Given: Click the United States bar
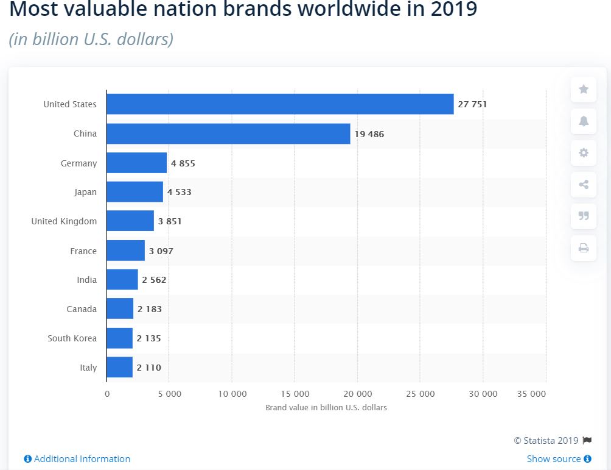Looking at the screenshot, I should click(x=280, y=104).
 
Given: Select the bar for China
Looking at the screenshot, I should click(x=228, y=134).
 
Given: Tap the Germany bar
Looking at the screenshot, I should click(x=136, y=163).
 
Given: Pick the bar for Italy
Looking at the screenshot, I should click(x=119, y=368).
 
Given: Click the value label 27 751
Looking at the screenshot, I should click(x=472, y=104).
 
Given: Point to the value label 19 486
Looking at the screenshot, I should click(x=369, y=134).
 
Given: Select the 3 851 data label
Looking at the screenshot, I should click(x=170, y=221).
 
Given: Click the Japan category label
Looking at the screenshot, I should click(x=85, y=192).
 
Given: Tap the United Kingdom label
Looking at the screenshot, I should click(x=64, y=221).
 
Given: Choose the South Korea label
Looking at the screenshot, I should click(x=72, y=338).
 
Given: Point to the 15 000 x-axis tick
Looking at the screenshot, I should click(x=294, y=394).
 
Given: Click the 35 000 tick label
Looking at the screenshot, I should click(x=531, y=394).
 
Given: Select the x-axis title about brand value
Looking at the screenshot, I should click(x=326, y=407).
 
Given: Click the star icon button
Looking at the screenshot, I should click(x=584, y=90).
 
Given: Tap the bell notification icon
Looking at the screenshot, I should click(x=584, y=121).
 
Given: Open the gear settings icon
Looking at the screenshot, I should click(x=584, y=153).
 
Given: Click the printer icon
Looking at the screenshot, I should click(x=584, y=247).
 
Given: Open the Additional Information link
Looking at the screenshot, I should click(x=82, y=459).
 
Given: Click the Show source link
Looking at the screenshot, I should click(x=554, y=459).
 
